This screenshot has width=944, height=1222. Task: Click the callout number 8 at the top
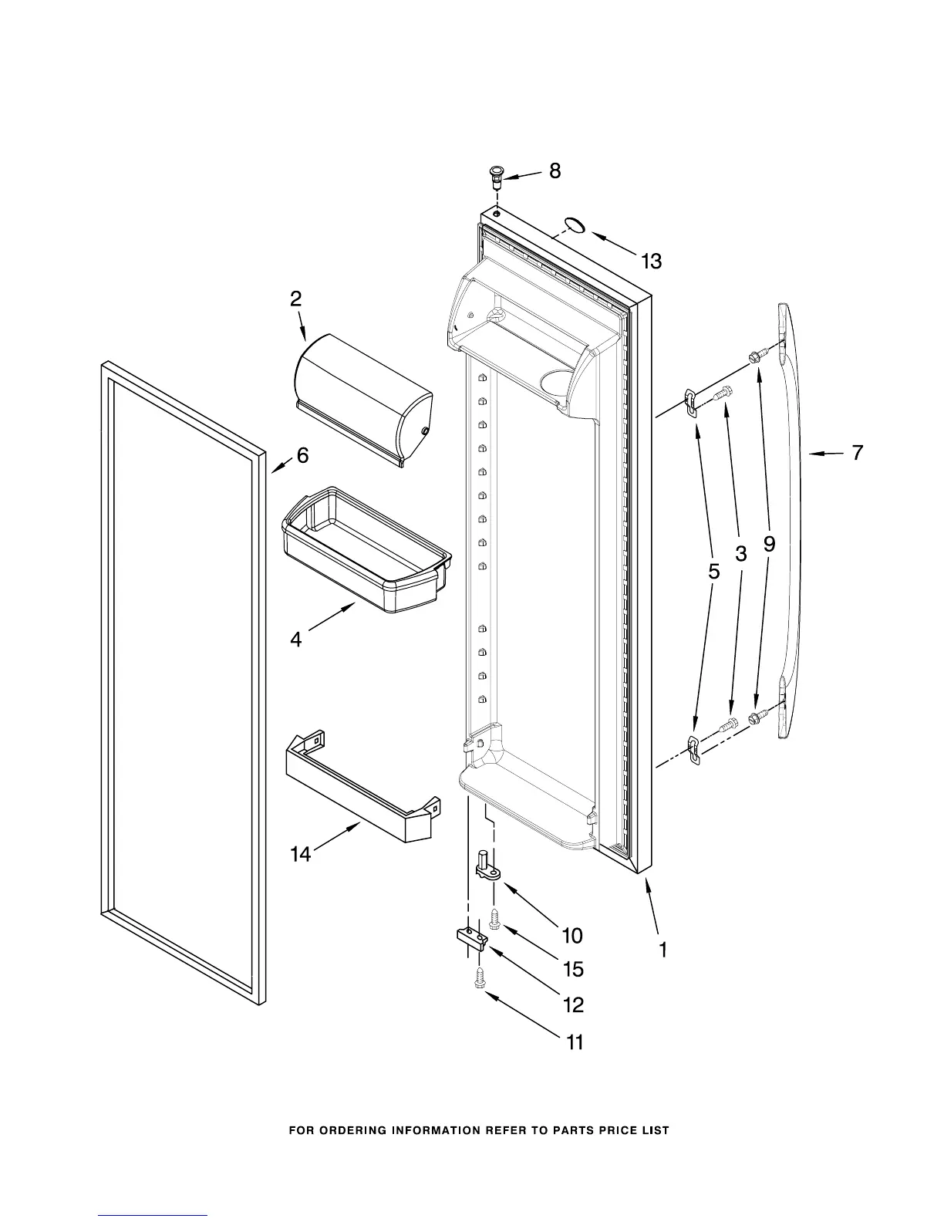click(x=555, y=171)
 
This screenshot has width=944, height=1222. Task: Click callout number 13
click(x=651, y=262)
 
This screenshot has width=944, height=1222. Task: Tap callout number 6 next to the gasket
click(x=302, y=456)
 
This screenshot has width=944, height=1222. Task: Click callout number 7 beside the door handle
click(x=858, y=453)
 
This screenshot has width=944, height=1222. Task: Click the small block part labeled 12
click(x=471, y=938)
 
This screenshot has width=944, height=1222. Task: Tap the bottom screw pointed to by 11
click(x=479, y=978)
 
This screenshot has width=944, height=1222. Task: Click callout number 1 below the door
click(x=662, y=950)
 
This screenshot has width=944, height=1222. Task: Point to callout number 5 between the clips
click(x=713, y=572)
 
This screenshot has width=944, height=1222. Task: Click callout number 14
click(x=301, y=854)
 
